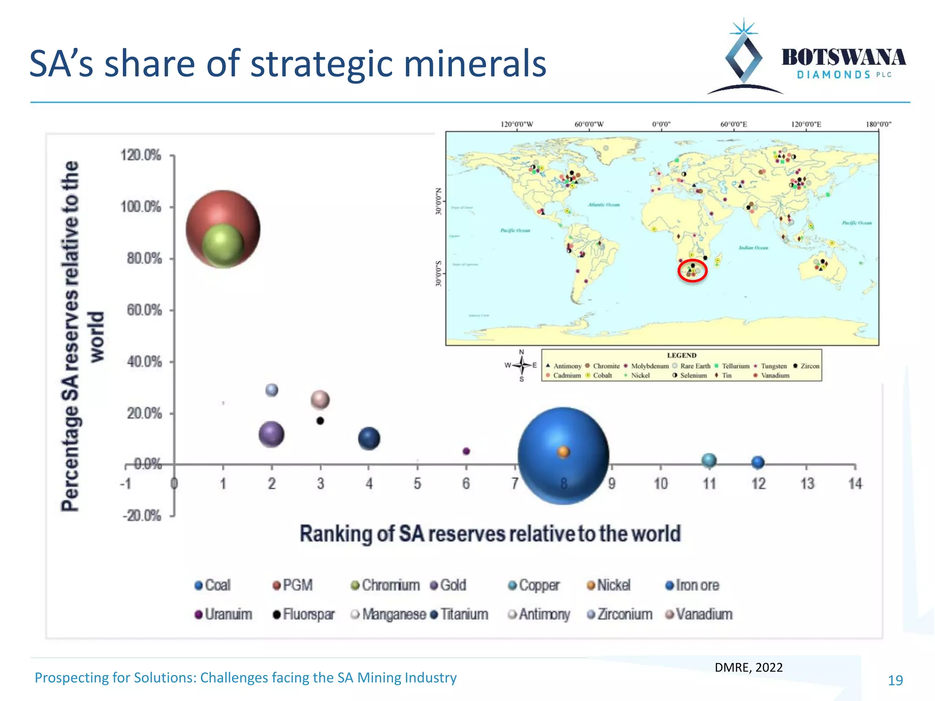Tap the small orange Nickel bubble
(563, 452)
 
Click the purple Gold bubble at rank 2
(271, 434)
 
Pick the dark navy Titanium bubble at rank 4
(369, 439)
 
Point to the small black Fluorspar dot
(320, 421)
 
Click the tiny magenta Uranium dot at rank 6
(466, 451)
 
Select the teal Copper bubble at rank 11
(709, 460)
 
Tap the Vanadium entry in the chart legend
(699, 614)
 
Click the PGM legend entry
(293, 585)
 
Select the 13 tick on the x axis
(807, 483)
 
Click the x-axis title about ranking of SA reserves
(490, 534)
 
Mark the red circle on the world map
(692, 271)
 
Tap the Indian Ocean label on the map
(753, 248)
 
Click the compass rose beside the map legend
(521, 365)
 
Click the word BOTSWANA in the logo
(843, 58)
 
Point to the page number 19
(895, 680)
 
